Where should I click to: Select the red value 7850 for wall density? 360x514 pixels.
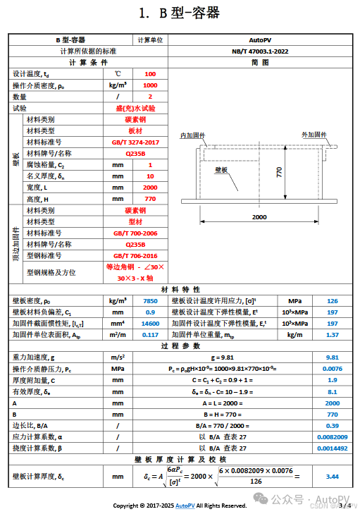pos(150,300)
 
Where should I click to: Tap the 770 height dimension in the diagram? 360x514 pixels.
pos(280,172)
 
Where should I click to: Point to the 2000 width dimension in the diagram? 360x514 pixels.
pos(259,217)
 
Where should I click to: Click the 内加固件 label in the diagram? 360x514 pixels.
pos(192,135)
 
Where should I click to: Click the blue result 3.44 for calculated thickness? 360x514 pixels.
pos(333,477)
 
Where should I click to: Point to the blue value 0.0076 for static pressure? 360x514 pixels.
pos(333,369)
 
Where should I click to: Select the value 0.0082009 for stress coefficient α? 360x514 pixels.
pos(333,436)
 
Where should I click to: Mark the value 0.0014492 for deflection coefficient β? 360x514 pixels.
pos(333,448)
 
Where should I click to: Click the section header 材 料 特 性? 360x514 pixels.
pos(180,289)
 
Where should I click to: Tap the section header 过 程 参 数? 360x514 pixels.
pos(180,346)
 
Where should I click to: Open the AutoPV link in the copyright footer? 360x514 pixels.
pos(185,506)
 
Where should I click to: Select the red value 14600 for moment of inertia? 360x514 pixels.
pos(150,323)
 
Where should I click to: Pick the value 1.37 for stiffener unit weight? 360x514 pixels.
pos(333,334)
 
